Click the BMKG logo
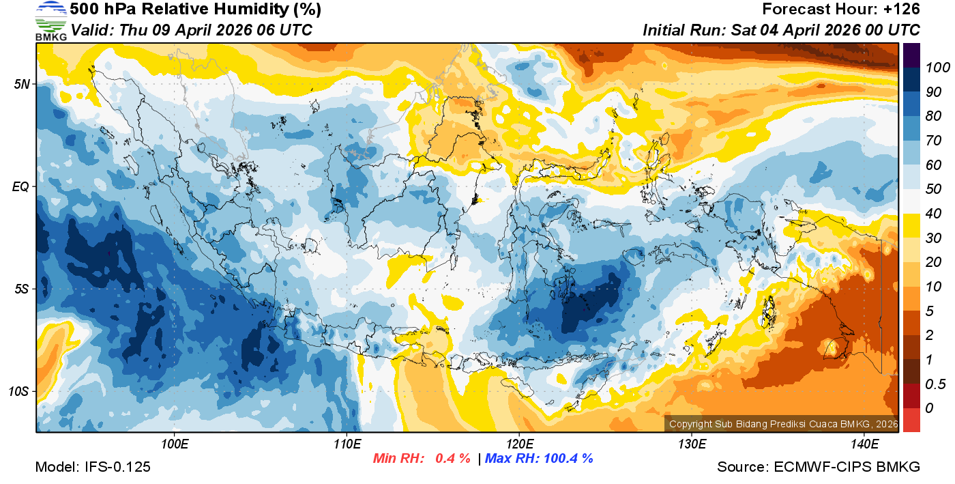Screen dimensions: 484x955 (x=51, y=20)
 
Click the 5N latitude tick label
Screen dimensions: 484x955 (x=20, y=84)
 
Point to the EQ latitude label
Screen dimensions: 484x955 (x=20, y=186)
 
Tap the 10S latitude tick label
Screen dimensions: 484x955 (x=18, y=391)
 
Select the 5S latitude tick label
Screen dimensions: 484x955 (x=20, y=289)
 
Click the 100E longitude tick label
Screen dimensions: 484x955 (x=175, y=444)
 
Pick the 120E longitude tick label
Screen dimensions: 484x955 (x=519, y=444)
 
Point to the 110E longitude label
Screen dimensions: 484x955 (x=347, y=444)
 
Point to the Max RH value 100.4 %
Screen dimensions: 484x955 (x=566, y=458)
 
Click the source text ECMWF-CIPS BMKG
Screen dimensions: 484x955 (x=847, y=467)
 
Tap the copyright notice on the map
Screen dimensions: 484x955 (x=782, y=424)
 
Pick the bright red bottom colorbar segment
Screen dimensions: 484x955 (x=911, y=419)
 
